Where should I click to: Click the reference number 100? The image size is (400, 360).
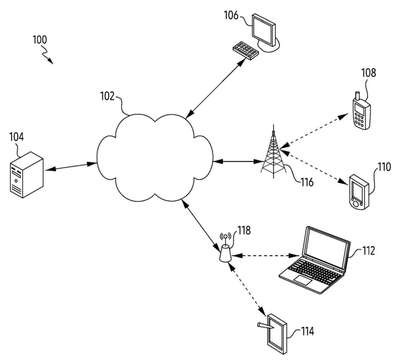pos(40,40)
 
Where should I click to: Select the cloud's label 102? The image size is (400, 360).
pos(108,96)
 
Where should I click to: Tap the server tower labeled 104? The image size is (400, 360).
pos(27,175)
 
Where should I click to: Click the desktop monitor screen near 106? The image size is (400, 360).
pos(264,27)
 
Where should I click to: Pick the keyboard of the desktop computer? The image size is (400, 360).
pos(246,50)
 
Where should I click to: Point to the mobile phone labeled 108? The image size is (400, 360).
pos(362,111)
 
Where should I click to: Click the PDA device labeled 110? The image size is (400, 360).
pos(359,192)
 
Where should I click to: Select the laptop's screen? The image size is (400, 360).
pos(326,246)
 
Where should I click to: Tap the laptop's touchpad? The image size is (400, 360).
pos(303,280)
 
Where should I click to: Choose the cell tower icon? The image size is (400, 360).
pos(273,151)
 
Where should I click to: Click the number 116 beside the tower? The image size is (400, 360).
pos(307,182)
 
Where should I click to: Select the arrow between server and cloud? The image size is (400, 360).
pos(71,167)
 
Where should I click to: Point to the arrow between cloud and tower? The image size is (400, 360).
pos(238,162)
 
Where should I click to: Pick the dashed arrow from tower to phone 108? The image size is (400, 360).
pos(314,130)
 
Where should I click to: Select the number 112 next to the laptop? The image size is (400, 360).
pos(368,250)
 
